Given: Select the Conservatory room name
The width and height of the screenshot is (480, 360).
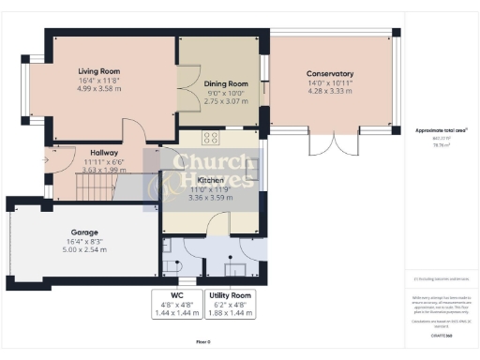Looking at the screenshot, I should [329, 73].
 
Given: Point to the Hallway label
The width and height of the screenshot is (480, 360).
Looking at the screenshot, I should [103, 153].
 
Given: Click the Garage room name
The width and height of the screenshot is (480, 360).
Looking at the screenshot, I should [85, 232].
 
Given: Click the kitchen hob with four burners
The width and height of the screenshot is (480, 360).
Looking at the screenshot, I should [211, 138].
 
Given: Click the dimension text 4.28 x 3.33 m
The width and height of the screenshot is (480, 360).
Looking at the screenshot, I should [329, 92].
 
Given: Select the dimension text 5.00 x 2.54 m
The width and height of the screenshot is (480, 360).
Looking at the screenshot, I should [85, 249].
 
